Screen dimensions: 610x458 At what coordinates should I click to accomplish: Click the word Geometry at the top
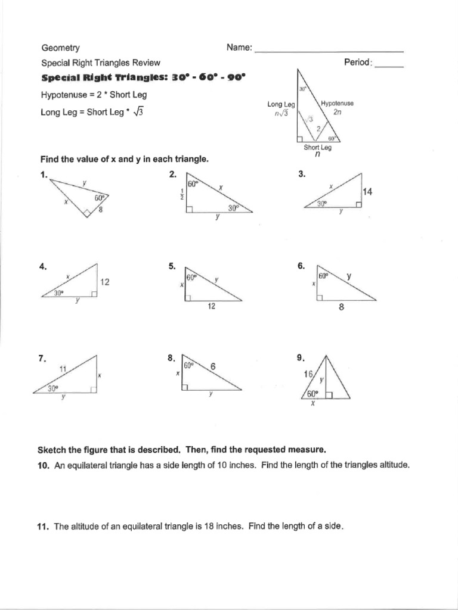(x=60, y=48)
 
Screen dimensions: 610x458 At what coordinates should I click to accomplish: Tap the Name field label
(x=239, y=48)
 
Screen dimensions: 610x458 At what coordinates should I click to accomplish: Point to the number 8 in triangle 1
(x=100, y=208)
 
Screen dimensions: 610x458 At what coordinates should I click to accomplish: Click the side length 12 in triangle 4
(x=105, y=282)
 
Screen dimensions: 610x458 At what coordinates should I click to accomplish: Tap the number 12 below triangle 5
(x=211, y=306)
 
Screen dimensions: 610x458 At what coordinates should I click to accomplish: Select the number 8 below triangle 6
(x=341, y=308)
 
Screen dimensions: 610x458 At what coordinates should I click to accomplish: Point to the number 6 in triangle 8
(x=212, y=368)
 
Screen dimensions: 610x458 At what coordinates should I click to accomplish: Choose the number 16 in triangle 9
(x=308, y=375)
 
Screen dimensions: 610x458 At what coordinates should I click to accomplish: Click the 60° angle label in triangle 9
(x=313, y=394)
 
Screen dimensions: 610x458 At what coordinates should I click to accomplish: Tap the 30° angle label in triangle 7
(x=54, y=388)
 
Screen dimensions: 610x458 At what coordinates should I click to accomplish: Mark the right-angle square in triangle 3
(x=358, y=204)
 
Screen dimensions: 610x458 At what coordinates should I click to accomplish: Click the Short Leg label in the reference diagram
(x=317, y=148)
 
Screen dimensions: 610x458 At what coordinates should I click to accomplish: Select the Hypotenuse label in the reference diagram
(x=337, y=103)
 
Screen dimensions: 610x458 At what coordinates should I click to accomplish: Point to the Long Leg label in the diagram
(x=277, y=104)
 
